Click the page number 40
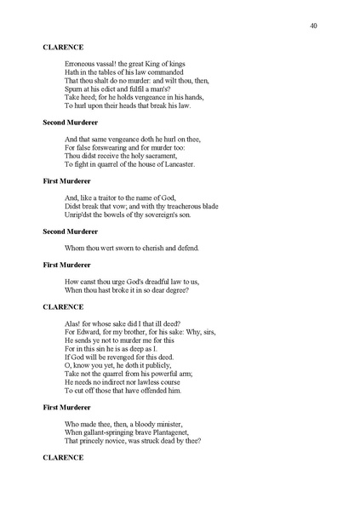pos(314,27)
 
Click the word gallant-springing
pos(108,432)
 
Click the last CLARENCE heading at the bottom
pos(62,457)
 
